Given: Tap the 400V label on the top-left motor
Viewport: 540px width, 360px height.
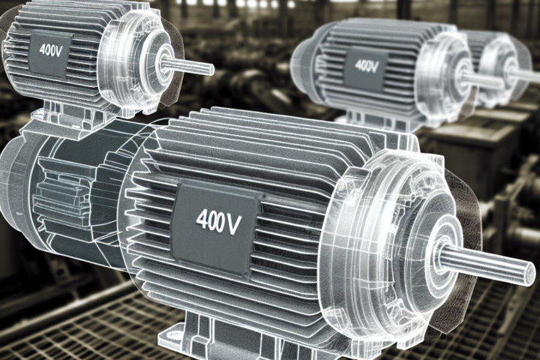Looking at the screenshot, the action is click(50, 51).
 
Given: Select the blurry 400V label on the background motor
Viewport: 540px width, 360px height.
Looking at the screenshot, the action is click(366, 65).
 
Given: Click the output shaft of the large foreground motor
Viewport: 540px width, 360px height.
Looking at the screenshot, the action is click(486, 265).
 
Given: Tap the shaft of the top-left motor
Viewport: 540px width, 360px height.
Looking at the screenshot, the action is click(187, 67).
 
